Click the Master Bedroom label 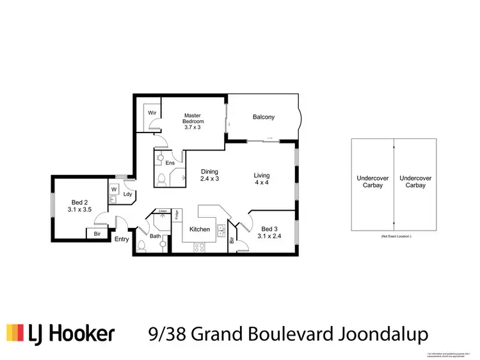[x=193, y=121]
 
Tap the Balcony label [x=263, y=117]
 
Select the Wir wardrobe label [x=152, y=113]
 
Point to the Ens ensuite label [x=170, y=163]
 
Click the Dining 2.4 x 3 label [x=209, y=176]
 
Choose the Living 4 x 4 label [x=261, y=179]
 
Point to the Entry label [x=122, y=240]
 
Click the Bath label [x=156, y=236]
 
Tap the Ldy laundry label [x=127, y=194]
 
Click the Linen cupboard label [x=163, y=211]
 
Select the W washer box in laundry [x=113, y=189]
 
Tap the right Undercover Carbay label [x=415, y=181]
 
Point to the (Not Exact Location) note [x=393, y=237]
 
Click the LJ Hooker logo [x=61, y=333]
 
